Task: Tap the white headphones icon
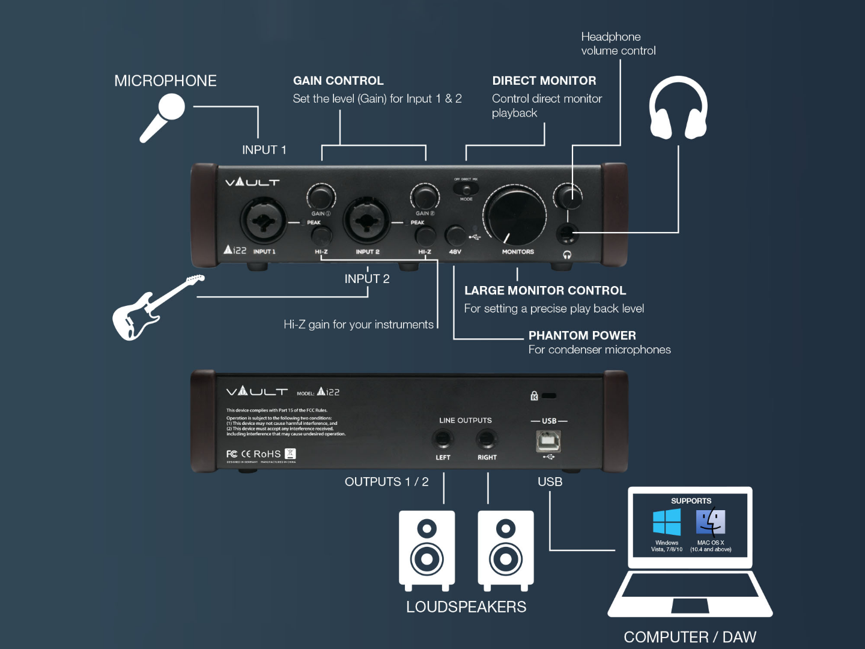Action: (678, 108)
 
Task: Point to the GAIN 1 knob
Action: (321, 197)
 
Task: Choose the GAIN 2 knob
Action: (425, 197)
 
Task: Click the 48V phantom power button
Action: (455, 236)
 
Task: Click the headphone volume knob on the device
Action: (568, 196)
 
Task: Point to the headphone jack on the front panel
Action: (567, 233)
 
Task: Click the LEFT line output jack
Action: (443, 440)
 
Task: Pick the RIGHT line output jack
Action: (487, 440)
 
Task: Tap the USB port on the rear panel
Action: (548, 441)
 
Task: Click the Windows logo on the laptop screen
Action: (667, 522)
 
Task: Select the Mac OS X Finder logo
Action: (711, 522)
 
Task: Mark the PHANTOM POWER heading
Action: (582, 335)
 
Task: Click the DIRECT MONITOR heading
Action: (544, 81)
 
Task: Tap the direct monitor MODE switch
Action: (466, 189)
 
